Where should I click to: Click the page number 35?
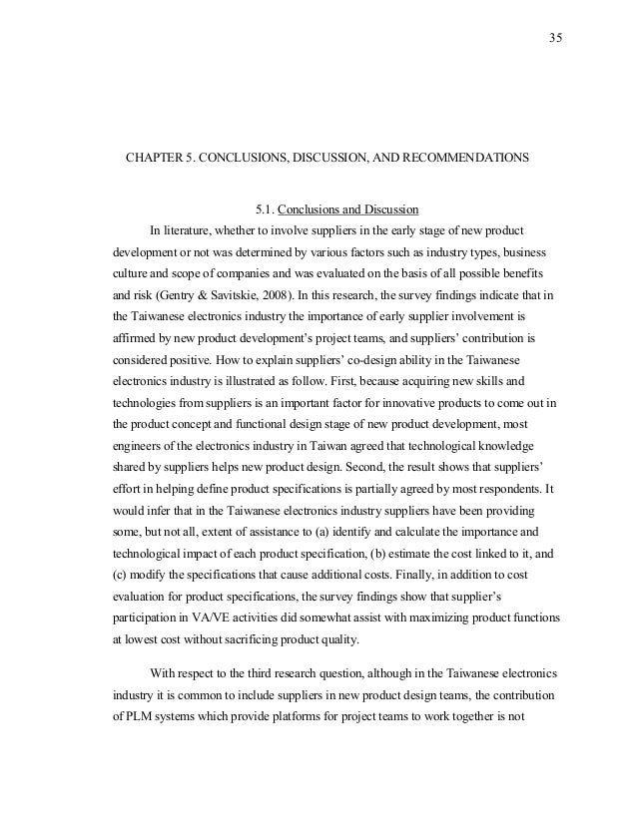[x=556, y=39]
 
